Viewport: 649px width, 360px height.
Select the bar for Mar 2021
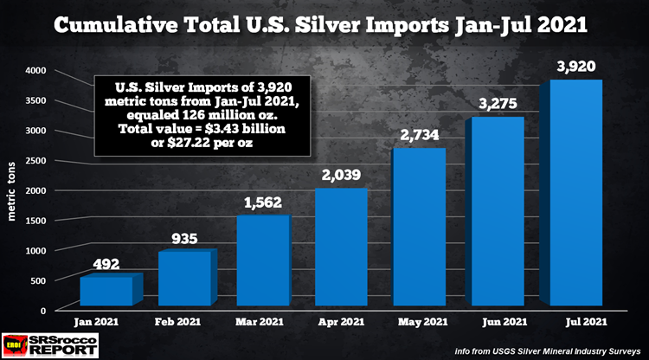264,260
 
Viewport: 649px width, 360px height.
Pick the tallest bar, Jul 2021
575,192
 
